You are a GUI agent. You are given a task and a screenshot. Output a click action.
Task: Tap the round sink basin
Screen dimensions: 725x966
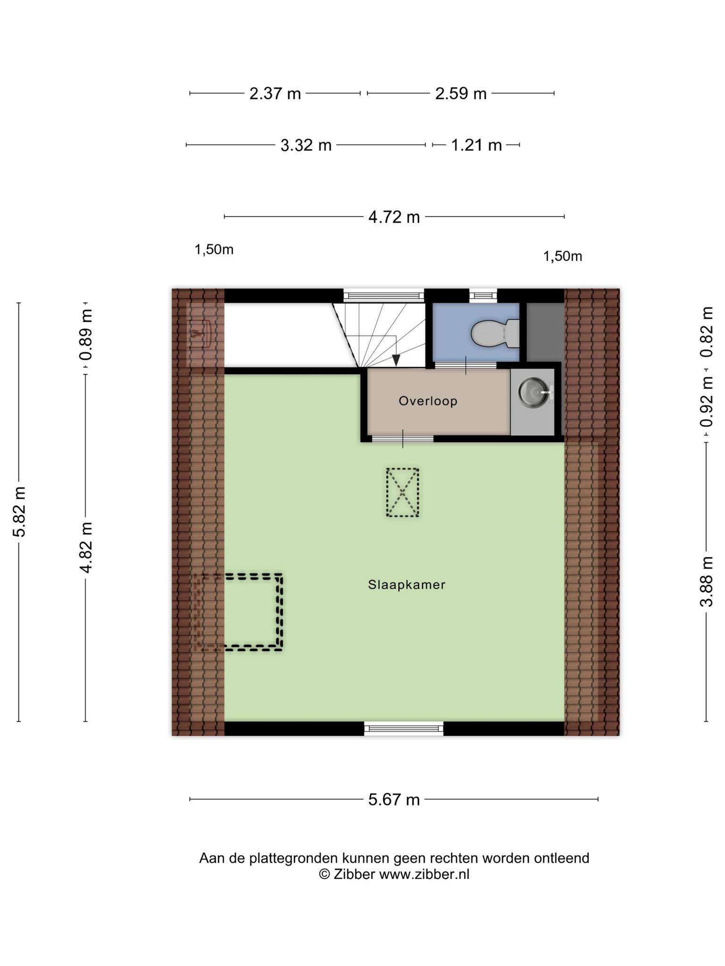coord(535,391)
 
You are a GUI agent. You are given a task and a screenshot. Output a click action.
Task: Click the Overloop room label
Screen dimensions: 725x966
coord(428,401)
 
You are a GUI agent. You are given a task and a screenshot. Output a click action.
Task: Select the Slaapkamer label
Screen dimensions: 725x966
coord(406,585)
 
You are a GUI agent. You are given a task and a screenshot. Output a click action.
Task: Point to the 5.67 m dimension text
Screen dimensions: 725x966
coord(394,799)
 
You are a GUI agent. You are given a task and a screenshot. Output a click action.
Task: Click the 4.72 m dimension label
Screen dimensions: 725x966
coord(394,217)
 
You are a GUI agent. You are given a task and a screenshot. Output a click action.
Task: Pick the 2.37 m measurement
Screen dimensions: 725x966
coord(275,93)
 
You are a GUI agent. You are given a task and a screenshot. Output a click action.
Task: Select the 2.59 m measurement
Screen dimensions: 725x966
coord(461,93)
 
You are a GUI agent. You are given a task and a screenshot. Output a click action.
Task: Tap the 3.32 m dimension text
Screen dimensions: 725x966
coord(306,145)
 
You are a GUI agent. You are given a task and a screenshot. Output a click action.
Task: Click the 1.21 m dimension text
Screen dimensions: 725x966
coord(476,145)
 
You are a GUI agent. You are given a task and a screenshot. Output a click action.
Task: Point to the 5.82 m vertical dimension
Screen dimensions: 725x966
coord(19,511)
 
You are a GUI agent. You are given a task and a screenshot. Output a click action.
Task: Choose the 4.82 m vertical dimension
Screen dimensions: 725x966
coord(85,548)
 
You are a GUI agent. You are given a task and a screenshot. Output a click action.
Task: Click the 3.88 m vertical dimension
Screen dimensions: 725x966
coord(707,581)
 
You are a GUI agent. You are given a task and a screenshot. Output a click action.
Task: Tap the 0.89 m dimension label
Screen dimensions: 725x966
coord(85,334)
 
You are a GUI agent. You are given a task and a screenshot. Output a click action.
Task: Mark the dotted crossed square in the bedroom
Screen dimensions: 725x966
coord(402,492)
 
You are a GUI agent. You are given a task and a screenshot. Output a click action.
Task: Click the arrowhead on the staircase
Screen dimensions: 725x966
coord(396,360)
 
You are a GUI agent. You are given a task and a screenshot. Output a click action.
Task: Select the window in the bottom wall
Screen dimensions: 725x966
coord(404,728)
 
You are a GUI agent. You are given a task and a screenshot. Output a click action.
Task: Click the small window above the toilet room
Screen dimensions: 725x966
coord(483,296)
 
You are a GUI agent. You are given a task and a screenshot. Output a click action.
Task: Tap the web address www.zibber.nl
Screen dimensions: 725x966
coord(424,874)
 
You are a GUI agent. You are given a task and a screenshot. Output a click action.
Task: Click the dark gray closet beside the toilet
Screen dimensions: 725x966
coord(545,333)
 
